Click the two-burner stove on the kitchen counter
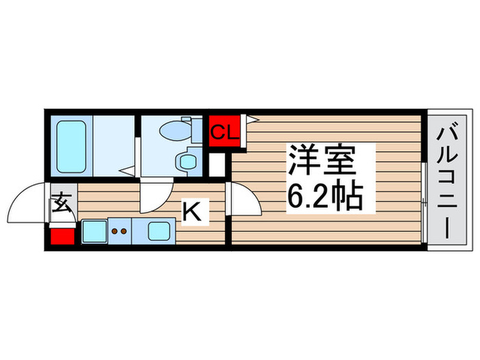(119, 232)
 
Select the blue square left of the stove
(93, 232)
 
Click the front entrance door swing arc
(27, 202)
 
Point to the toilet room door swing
(156, 197)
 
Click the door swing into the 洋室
(243, 202)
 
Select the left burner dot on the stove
(115, 232)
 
